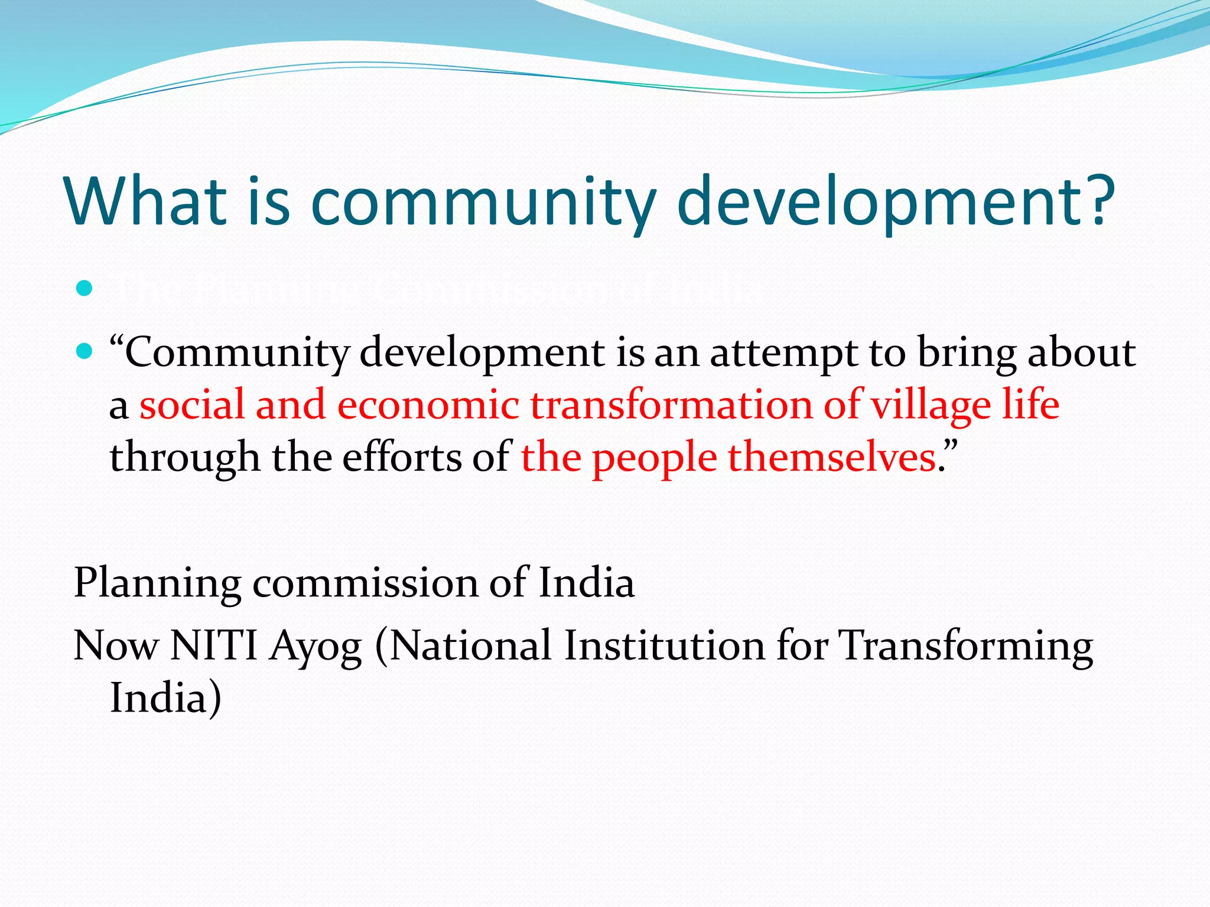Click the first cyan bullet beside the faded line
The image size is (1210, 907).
[x=85, y=288]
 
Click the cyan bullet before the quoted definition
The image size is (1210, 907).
[x=85, y=353]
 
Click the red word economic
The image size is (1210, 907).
[x=428, y=405]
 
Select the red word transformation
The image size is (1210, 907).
[x=671, y=405]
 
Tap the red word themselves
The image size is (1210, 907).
[x=831, y=458]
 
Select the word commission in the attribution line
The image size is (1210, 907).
[x=365, y=583]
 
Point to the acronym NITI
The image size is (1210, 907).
[x=213, y=645]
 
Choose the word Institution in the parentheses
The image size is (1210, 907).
[x=665, y=645]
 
